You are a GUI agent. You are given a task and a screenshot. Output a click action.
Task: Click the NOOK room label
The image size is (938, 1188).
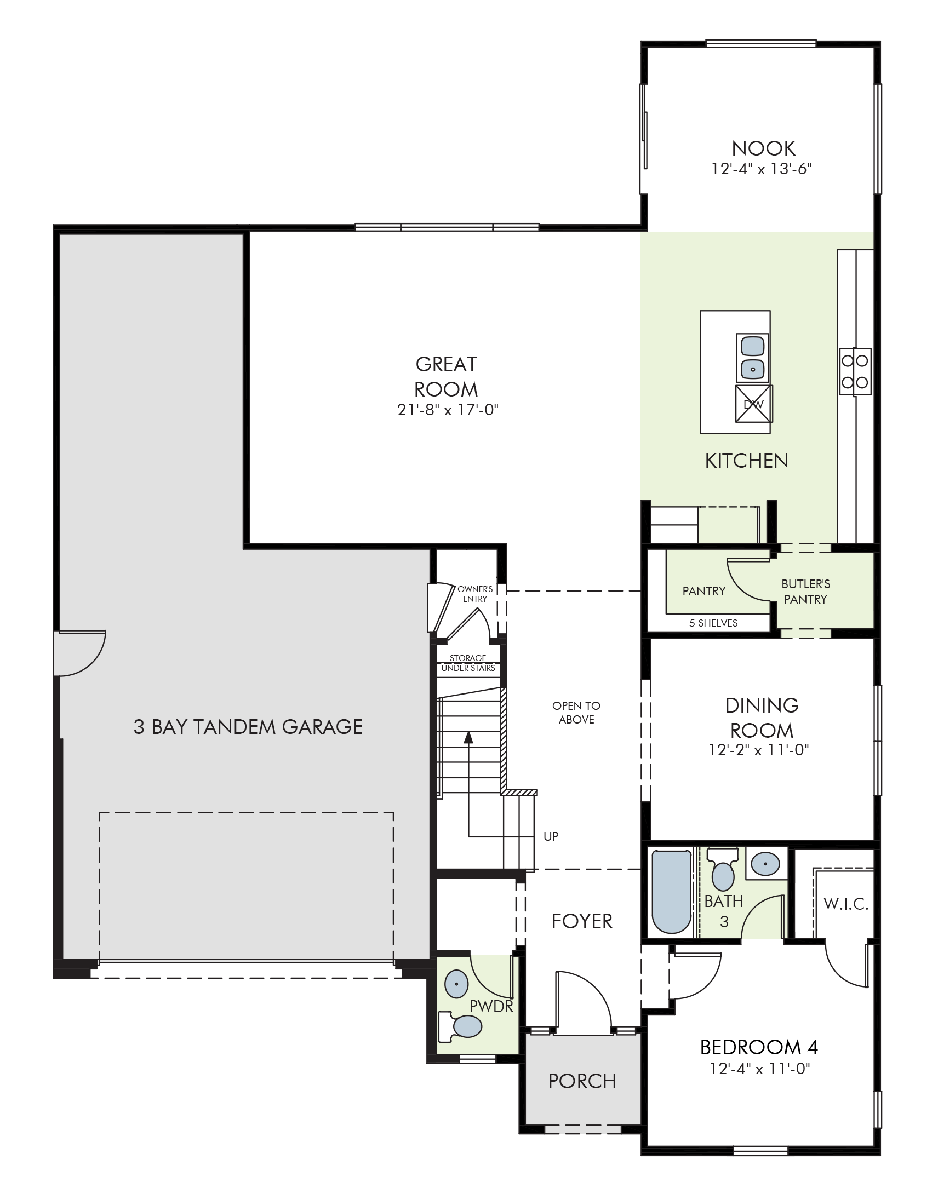click(x=763, y=148)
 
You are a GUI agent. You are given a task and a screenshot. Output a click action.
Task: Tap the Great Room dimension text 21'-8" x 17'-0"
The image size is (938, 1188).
click(x=448, y=410)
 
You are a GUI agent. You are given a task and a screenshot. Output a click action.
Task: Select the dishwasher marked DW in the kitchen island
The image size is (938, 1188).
click(x=754, y=404)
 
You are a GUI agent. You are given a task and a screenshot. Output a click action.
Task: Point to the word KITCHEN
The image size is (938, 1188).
click(x=746, y=461)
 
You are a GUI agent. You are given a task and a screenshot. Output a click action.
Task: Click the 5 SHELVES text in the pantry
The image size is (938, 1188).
click(x=713, y=623)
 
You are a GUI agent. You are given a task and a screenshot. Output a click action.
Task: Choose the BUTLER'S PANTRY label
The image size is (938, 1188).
click(x=805, y=591)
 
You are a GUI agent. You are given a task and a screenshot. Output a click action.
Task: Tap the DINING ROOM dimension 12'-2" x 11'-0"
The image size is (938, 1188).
click(x=758, y=749)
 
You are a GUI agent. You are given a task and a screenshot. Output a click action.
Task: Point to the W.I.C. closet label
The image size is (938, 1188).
click(x=846, y=904)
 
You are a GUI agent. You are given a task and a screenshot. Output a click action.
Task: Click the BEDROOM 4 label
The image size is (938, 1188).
click(x=759, y=1047)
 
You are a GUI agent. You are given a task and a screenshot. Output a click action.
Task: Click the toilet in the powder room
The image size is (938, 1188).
click(x=460, y=1025)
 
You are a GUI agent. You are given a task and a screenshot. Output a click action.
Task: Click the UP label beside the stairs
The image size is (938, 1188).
click(x=551, y=836)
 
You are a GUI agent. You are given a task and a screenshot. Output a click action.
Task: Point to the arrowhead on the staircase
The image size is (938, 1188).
click(x=468, y=737)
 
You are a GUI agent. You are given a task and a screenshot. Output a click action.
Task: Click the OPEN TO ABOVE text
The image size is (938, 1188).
click(x=576, y=713)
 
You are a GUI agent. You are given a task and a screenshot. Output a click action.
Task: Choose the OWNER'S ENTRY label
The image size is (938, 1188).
click(x=475, y=594)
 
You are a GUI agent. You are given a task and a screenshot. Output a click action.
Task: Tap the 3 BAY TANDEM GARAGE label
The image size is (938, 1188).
click(x=248, y=727)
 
